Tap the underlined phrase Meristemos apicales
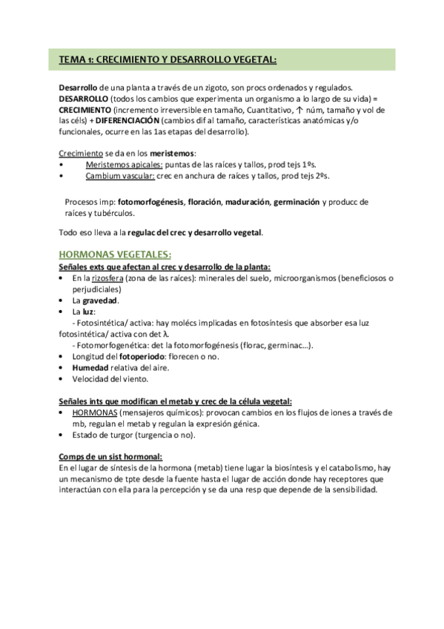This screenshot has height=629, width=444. (121, 164)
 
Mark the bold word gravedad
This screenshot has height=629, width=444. (100, 301)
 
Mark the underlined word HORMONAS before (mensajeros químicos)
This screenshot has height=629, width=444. (93, 412)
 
